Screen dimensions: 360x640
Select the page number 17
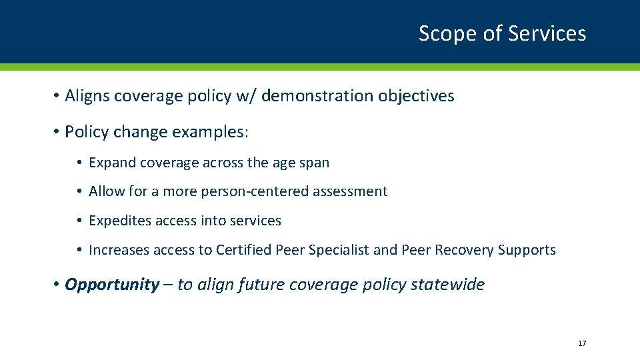pyautogui.click(x=582, y=343)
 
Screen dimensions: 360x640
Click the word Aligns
pyautogui.click(x=87, y=96)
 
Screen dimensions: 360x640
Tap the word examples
pyautogui.click(x=209, y=132)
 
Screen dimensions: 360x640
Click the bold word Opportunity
pyautogui.click(x=111, y=285)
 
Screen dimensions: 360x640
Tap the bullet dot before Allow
pyautogui.click(x=79, y=192)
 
